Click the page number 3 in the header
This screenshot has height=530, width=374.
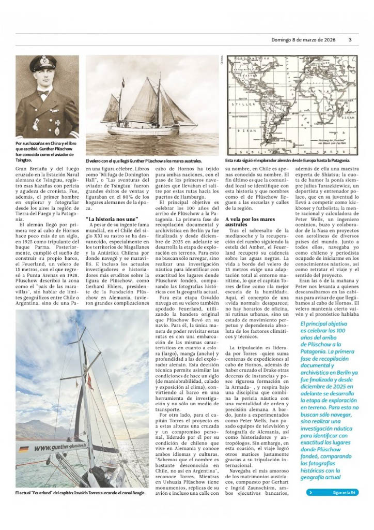(350, 40)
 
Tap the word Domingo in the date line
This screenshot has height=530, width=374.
(282, 40)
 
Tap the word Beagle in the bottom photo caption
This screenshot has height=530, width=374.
(136, 493)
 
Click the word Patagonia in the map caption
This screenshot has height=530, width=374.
(341, 161)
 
